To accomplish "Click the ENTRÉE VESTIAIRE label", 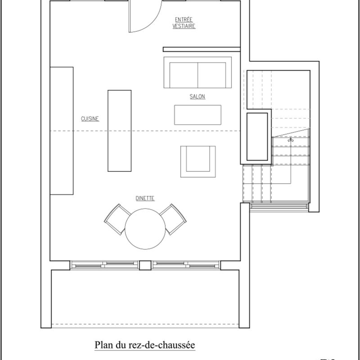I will pyautogui.click(x=184, y=22).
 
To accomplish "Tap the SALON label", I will pyautogui.click(x=197, y=97).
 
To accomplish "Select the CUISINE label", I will pyautogui.click(x=90, y=119).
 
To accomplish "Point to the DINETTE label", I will pyautogui.click(x=145, y=198).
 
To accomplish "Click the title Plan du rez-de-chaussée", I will pyautogui.click(x=144, y=346).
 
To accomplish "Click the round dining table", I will pyautogui.click(x=145, y=229).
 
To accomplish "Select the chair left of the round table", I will pyautogui.click(x=117, y=219).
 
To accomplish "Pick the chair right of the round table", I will pyautogui.click(x=173, y=219).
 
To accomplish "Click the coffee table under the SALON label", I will pyautogui.click(x=198, y=114).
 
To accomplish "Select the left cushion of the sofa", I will pyautogui.click(x=184, y=75).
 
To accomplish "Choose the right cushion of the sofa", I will pyautogui.click(x=212, y=75).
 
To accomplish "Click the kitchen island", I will pyautogui.click(x=119, y=130).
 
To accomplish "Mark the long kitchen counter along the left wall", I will pyautogui.click(x=61, y=130).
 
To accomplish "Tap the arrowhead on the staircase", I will pyautogui.click(x=291, y=140).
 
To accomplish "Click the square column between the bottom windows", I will pyautogui.click(x=145, y=265).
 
